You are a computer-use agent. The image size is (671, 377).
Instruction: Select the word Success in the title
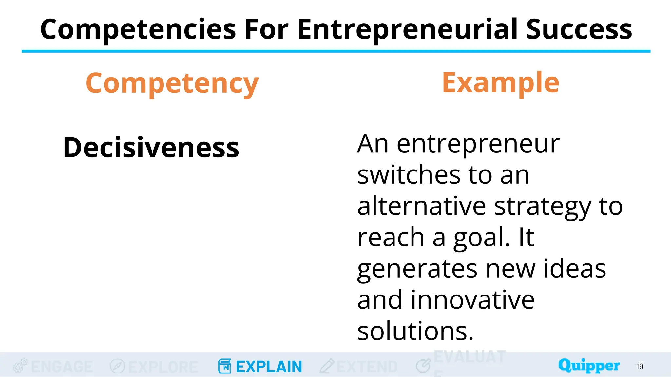pyautogui.click(x=579, y=29)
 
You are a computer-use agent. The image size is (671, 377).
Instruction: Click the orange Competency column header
pyautogui.click(x=172, y=84)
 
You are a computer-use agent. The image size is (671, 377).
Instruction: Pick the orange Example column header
pyautogui.click(x=500, y=82)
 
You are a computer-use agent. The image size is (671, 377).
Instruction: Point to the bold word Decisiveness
pyautogui.click(x=151, y=147)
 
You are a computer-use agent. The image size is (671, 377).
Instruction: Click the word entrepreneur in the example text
pyautogui.click(x=478, y=144)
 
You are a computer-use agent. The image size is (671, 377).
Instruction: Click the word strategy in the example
pyautogui.click(x=543, y=207)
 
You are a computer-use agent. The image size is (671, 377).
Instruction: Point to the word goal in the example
pyautogui.click(x=481, y=238)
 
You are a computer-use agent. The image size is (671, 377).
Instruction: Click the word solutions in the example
pyautogui.click(x=415, y=331)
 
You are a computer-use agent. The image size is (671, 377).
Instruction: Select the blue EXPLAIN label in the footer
pyautogui.click(x=269, y=367)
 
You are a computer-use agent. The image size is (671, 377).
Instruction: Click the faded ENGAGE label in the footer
pyautogui.click(x=62, y=367)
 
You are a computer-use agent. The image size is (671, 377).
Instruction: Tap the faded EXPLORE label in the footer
pyautogui.click(x=163, y=367)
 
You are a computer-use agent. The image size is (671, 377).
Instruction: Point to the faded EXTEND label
pyautogui.click(x=367, y=367)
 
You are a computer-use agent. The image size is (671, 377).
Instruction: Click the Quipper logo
pyautogui.click(x=589, y=365)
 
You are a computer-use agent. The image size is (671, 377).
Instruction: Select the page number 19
pyautogui.click(x=640, y=367)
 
